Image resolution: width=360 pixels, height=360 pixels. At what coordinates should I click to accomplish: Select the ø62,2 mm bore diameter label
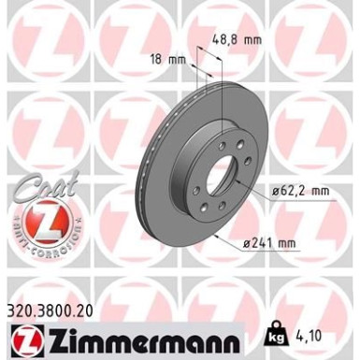(x=301, y=191)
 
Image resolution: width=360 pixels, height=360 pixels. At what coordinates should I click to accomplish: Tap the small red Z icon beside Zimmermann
(x=21, y=335)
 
